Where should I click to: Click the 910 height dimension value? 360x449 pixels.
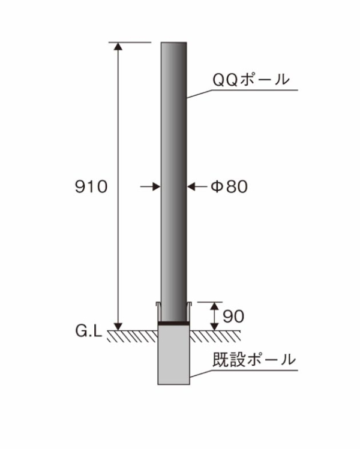[x=91, y=186]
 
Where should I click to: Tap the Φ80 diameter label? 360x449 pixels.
[x=229, y=186]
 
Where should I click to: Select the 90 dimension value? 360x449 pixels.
[x=233, y=317]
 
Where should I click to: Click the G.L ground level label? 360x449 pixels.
[x=89, y=331]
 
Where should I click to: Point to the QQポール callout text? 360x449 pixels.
[x=251, y=79]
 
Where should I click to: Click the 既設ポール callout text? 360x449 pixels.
[x=254, y=360]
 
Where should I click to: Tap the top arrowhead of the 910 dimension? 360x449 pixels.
[x=118, y=46]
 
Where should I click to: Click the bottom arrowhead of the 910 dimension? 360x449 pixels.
[x=118, y=327]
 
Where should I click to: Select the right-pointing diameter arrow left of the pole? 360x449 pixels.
[x=150, y=186]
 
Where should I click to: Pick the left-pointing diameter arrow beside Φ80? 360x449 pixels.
[x=197, y=187]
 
